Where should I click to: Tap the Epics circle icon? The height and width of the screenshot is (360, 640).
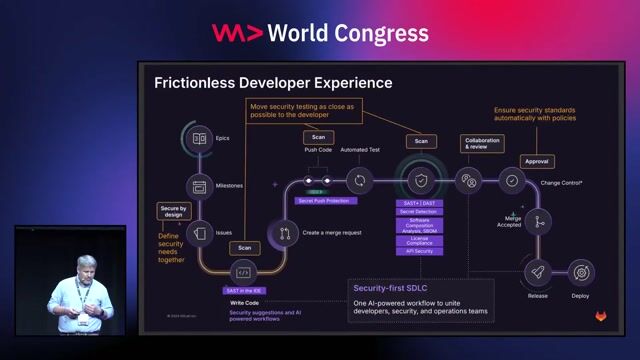click(x=199, y=138)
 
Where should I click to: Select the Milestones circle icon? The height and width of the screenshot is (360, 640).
click(x=199, y=185)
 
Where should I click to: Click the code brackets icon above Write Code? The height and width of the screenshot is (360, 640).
click(x=243, y=272)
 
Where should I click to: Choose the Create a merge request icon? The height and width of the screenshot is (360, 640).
click(x=284, y=233)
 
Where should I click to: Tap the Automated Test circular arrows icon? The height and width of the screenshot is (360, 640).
click(x=358, y=181)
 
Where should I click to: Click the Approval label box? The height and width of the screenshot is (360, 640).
click(x=537, y=160)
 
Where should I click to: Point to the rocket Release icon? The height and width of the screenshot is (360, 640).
click(x=537, y=271)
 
